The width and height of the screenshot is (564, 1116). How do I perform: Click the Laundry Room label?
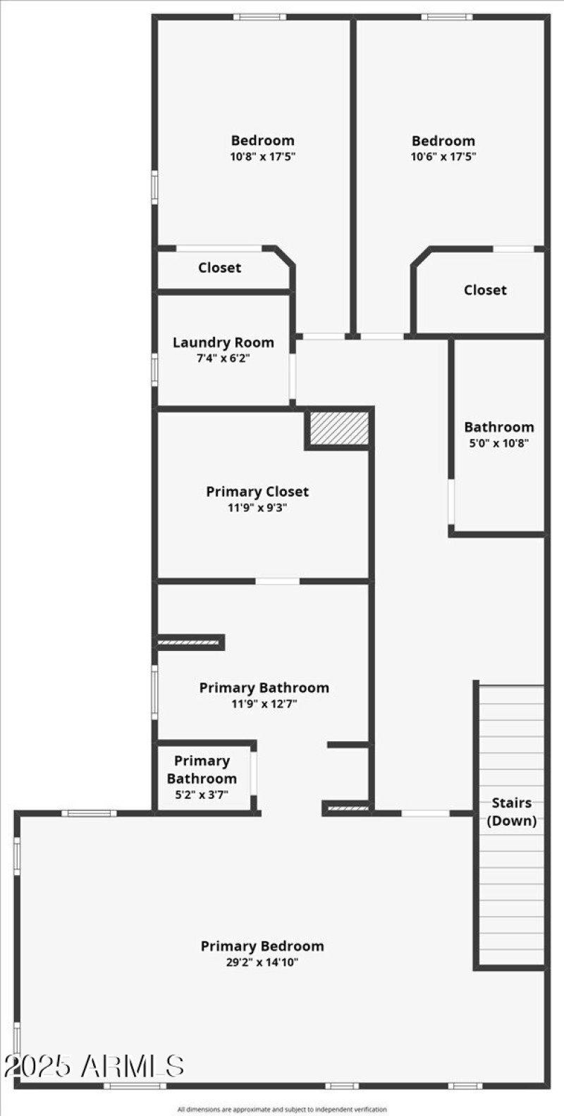click(223, 342)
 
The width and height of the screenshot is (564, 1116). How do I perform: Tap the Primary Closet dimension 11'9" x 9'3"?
click(257, 507)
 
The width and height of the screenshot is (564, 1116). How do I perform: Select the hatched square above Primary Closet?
click(339, 428)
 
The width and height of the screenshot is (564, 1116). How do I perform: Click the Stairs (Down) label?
click(511, 811)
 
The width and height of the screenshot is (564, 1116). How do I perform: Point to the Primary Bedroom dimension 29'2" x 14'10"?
click(262, 962)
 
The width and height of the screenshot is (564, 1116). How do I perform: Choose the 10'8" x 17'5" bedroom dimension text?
click(262, 156)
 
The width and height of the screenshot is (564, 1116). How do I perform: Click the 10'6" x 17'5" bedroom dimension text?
click(443, 156)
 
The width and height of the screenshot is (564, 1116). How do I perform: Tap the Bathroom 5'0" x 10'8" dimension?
click(498, 443)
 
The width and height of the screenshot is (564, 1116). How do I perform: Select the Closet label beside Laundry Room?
click(219, 268)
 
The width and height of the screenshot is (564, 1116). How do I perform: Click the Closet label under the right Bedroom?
click(485, 290)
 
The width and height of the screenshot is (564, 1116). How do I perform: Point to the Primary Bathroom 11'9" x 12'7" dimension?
click(264, 704)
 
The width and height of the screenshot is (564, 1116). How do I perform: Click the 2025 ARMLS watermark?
click(94, 1066)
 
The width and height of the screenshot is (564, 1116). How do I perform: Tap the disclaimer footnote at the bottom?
click(282, 1110)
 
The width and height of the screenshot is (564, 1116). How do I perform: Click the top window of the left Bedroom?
click(259, 17)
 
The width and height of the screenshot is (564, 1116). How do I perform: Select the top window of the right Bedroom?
click(447, 17)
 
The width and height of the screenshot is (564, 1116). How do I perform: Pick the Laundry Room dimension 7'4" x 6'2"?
click(223, 358)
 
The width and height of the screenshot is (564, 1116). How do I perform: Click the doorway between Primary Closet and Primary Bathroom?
click(277, 581)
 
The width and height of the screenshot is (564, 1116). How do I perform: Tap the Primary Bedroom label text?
click(262, 946)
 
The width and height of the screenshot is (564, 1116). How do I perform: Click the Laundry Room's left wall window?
click(154, 370)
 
